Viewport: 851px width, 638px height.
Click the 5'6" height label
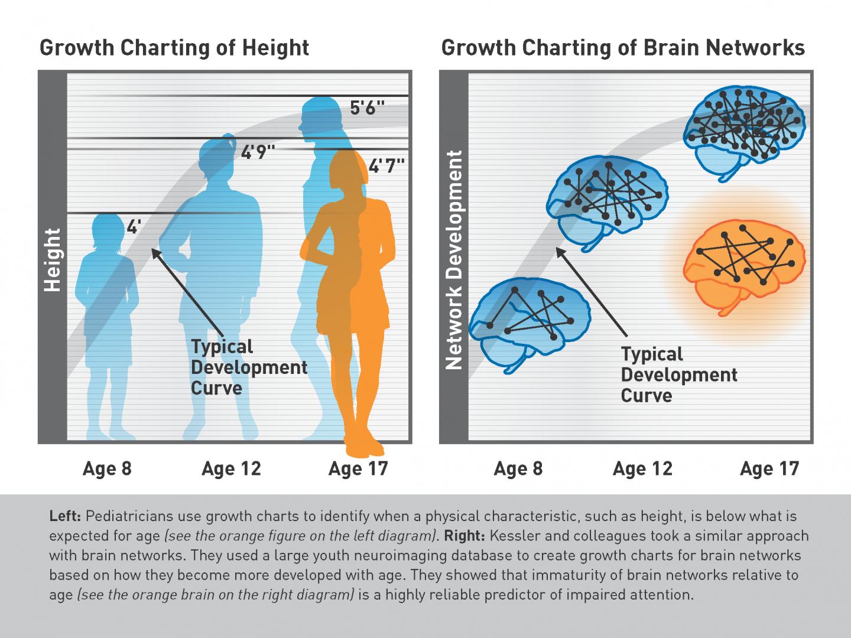click(367, 108)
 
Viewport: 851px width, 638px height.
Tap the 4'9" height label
click(258, 152)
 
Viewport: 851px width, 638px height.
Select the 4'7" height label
click(386, 166)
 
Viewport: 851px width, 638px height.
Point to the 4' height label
click(134, 227)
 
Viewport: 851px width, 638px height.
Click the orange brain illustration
click(743, 267)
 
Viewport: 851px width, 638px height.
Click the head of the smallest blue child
click(108, 231)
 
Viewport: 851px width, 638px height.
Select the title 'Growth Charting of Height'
click(174, 48)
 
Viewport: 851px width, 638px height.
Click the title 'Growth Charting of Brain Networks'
click(623, 48)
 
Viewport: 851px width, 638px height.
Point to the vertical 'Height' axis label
click(53, 259)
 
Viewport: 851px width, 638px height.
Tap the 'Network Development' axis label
click(454, 259)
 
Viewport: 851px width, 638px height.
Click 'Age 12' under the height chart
click(232, 468)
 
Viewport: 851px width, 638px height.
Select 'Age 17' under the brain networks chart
click(769, 468)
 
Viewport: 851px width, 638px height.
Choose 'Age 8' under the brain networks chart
click(518, 468)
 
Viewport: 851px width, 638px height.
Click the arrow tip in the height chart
click(152, 249)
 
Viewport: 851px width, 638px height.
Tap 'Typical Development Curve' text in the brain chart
click(679, 375)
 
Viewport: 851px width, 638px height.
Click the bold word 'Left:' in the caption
click(65, 516)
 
